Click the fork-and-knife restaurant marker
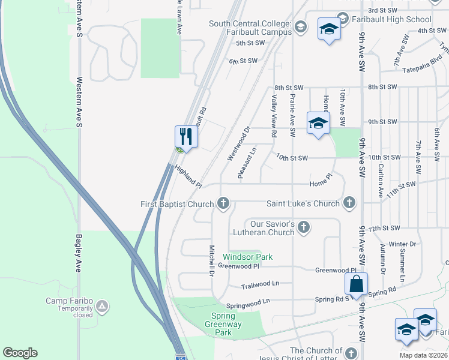pos(186,137)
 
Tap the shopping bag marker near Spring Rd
pos(357,284)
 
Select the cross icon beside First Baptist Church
pos(223,204)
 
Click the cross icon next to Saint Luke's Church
pos(349,203)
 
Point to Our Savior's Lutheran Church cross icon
pos(304,227)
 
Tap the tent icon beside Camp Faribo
pos(103,307)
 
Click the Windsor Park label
pos(248,257)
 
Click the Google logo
pos(20,353)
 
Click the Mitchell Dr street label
pos(211,261)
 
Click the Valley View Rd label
pos(273,116)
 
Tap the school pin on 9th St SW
pos(318,124)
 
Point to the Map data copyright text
pos(424,355)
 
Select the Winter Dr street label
pos(402,244)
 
